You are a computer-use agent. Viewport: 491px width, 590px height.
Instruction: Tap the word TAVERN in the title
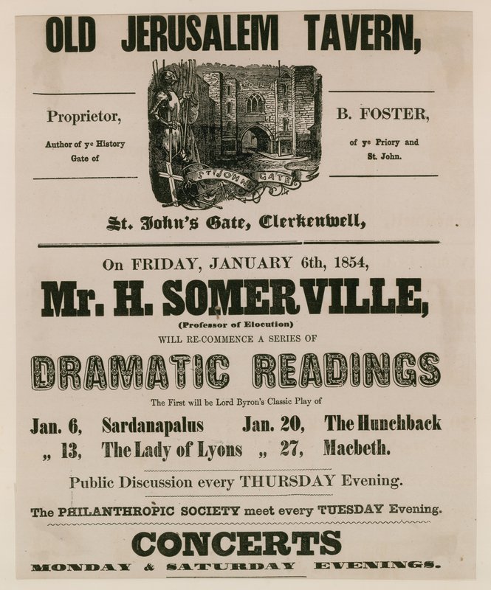pos(360,34)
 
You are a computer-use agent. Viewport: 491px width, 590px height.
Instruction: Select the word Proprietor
pos(84,117)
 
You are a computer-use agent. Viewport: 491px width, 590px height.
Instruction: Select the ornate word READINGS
pos(348,370)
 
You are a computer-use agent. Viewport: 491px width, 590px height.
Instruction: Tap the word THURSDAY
pos(291,482)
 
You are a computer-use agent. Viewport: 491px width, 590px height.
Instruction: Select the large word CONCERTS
pos(236,544)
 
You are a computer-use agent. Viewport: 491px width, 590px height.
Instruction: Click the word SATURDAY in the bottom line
pos(230,566)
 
